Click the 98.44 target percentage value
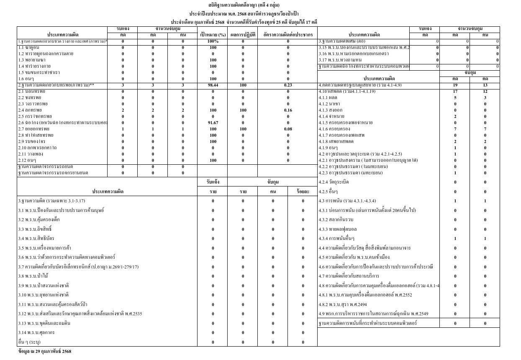click(x=213, y=85)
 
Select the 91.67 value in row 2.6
click(x=213, y=123)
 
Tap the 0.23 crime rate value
click(x=288, y=85)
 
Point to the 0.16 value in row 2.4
click(x=288, y=110)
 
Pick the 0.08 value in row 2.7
click(x=288, y=129)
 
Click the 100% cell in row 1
click(x=213, y=41)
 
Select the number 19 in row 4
click(x=455, y=85)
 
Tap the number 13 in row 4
click(x=485, y=85)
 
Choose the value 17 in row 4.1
click(x=455, y=92)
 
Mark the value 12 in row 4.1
click(x=485, y=92)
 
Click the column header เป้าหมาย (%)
click(x=213, y=35)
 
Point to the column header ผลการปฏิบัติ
click(x=243, y=35)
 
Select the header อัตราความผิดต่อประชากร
click(x=288, y=35)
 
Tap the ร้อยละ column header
click(x=303, y=191)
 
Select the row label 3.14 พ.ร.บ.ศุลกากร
click(x=36, y=332)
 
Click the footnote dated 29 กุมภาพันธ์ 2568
click(x=45, y=352)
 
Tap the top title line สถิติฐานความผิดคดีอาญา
click(x=245, y=5)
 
